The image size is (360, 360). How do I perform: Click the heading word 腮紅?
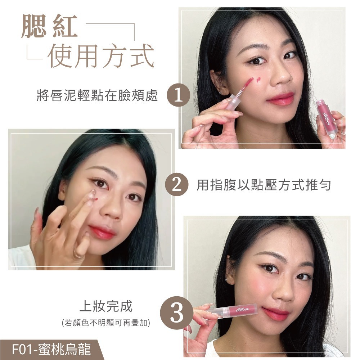coord(49,26)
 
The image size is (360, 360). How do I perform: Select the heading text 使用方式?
coord(100,56)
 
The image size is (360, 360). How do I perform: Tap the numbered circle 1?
coord(178,96)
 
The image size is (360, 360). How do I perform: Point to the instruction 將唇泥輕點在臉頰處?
coord(97,95)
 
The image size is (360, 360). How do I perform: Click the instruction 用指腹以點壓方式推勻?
coord(264,185)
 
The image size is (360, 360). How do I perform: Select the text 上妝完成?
coord(106,306)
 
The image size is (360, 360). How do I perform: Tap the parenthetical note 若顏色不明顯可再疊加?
coord(106,323)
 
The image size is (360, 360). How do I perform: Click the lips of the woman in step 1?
coord(280,99)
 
